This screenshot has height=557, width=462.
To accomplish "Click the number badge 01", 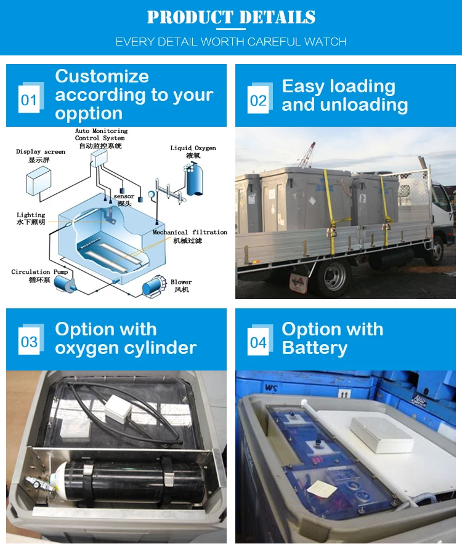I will [x=29, y=100].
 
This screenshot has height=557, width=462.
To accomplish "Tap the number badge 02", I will [x=258, y=100].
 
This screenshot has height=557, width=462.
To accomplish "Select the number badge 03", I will [x=29, y=342].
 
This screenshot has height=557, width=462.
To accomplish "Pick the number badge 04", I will [x=258, y=342].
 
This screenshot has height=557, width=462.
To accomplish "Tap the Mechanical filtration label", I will [x=190, y=232].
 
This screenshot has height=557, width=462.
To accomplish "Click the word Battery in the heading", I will [x=314, y=348].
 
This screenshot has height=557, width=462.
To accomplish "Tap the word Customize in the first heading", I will [x=102, y=76].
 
